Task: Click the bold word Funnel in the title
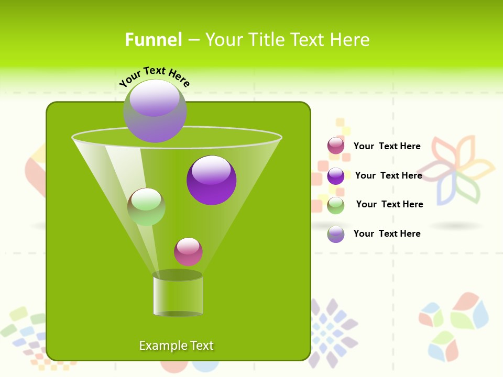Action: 154,40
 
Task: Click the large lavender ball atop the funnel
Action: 155,110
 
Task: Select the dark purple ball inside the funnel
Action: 212,180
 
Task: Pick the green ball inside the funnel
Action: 147,207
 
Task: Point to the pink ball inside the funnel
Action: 189,252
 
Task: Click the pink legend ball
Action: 336,146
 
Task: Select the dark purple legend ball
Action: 336,176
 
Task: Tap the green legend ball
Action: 336,205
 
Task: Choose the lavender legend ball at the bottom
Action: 336,234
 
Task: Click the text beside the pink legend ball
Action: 387,146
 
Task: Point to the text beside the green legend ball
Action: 389,204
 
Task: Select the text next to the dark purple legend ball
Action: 388,175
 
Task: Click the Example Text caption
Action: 176,346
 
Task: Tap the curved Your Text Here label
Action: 155,76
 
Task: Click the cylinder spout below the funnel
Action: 178,294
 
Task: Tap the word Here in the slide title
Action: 351,40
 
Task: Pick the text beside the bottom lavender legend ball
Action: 387,234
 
